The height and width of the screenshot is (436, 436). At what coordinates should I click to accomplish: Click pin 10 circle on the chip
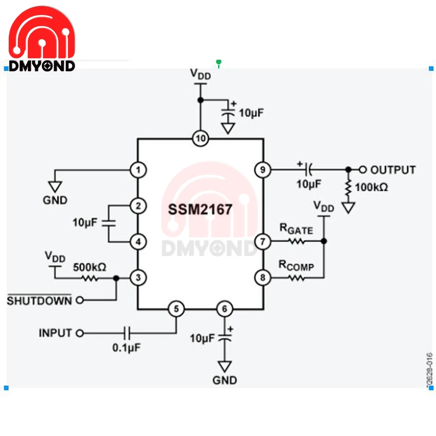pyautogui.click(x=201, y=139)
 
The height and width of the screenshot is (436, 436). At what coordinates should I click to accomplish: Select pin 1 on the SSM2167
pyautogui.click(x=138, y=170)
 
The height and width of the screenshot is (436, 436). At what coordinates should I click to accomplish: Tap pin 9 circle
pyautogui.click(x=263, y=170)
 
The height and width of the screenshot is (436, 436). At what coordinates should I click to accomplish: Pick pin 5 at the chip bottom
pyautogui.click(x=176, y=309)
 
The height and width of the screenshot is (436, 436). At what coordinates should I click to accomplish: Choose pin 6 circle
pyautogui.click(x=225, y=309)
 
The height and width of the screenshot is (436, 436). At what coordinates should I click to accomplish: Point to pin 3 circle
pyautogui.click(x=138, y=277)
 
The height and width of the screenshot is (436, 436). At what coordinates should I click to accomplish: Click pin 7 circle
pyautogui.click(x=263, y=241)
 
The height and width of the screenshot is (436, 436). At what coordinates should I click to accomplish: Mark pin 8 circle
pyautogui.click(x=263, y=277)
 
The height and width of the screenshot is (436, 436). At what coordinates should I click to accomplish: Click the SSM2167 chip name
pyautogui.click(x=201, y=210)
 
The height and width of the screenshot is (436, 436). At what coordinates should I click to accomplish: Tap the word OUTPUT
pyautogui.click(x=393, y=170)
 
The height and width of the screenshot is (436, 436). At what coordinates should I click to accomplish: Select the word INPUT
pyautogui.click(x=55, y=333)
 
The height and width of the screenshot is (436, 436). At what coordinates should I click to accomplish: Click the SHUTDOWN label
pyautogui.click(x=39, y=300)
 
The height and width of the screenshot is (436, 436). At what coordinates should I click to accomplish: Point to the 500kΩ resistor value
pyautogui.click(x=89, y=266)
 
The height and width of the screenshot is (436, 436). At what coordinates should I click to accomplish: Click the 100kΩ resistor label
pyautogui.click(x=372, y=187)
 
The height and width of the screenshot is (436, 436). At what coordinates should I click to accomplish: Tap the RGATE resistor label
pyautogui.click(x=296, y=228)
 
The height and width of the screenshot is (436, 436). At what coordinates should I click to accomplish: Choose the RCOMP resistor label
pyautogui.click(x=296, y=265)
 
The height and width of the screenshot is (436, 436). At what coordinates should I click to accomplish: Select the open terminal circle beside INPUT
pyautogui.click(x=79, y=334)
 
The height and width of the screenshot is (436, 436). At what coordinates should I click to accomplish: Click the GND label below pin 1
pyautogui.click(x=55, y=200)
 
